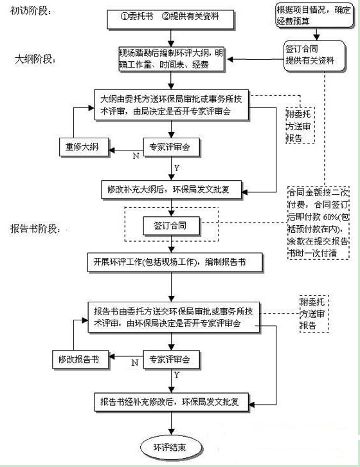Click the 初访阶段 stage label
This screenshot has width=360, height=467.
(x=31, y=12)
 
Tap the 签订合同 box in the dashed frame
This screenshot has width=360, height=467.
(x=170, y=226)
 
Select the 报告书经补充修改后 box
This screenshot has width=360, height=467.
(x=175, y=403)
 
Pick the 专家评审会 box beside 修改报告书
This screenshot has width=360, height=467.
(x=170, y=358)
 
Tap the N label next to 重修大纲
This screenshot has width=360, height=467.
(x=135, y=155)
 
